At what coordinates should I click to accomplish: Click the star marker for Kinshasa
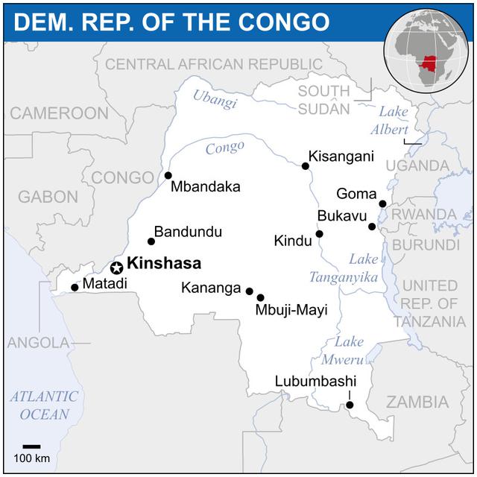click(116, 268)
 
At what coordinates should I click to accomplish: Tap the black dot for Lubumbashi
click(350, 405)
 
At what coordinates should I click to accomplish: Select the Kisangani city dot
click(305, 166)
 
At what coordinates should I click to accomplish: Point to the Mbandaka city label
click(205, 186)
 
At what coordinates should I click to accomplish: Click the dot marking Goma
click(382, 203)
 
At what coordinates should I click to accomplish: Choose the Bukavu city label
click(342, 216)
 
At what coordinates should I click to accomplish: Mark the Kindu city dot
click(319, 234)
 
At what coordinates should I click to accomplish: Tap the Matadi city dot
click(74, 287)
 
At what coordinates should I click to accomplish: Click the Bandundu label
click(188, 232)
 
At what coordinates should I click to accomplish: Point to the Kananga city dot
click(249, 291)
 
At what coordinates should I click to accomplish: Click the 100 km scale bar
click(31, 446)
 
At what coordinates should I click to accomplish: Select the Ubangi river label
click(215, 98)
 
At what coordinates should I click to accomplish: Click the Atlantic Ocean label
click(44, 405)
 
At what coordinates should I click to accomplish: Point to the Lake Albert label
click(389, 120)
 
